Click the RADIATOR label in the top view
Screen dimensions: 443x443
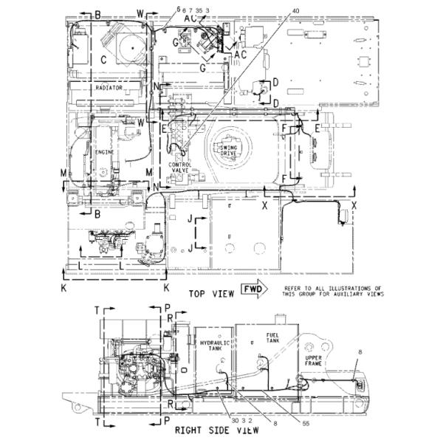pos(109,88)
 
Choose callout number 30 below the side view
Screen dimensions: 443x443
pos(234,419)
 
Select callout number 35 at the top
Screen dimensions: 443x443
pos(199,10)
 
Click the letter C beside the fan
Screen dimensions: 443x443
pos(103,58)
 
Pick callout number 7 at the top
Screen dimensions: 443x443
pos(190,10)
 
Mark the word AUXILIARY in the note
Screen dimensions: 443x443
pos(351,294)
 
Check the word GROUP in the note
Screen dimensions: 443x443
pos(305,294)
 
